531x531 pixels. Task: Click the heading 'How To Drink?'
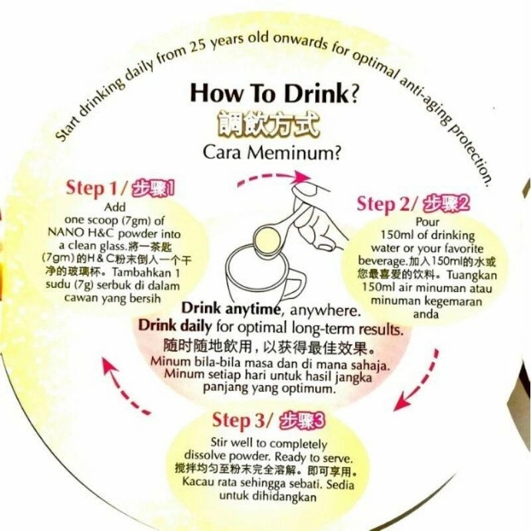(274, 93)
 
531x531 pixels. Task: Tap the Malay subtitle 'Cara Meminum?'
(271, 153)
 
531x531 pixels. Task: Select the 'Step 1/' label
(96, 187)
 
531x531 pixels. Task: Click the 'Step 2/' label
(388, 204)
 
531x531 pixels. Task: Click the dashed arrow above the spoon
(273, 177)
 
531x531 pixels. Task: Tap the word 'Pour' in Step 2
(427, 222)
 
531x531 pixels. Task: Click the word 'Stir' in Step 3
(220, 442)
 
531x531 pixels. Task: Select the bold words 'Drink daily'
(175, 326)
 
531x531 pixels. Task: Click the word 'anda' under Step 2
(426, 314)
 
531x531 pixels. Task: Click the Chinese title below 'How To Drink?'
(268, 125)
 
